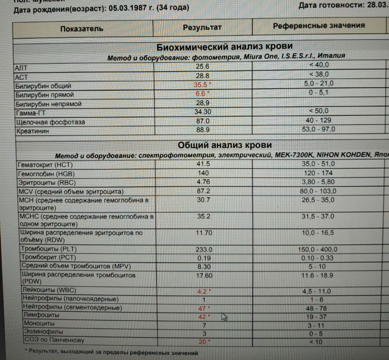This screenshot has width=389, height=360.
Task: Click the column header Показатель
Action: (x=81, y=28)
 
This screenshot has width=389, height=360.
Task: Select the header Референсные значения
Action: (x=318, y=26)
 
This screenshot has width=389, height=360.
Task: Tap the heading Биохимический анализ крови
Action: (x=224, y=47)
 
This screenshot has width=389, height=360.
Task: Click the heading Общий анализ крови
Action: (x=224, y=145)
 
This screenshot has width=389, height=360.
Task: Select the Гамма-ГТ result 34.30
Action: (x=202, y=112)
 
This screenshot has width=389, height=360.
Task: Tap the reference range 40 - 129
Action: (x=318, y=120)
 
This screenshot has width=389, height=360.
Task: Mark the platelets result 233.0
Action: (x=204, y=250)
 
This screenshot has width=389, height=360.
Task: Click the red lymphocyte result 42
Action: (x=202, y=317)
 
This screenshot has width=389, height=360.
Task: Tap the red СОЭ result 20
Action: (x=202, y=342)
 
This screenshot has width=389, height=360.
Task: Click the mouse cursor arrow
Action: (x=224, y=317)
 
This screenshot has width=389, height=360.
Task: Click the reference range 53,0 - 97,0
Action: (x=318, y=130)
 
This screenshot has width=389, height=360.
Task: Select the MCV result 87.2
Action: (x=203, y=191)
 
